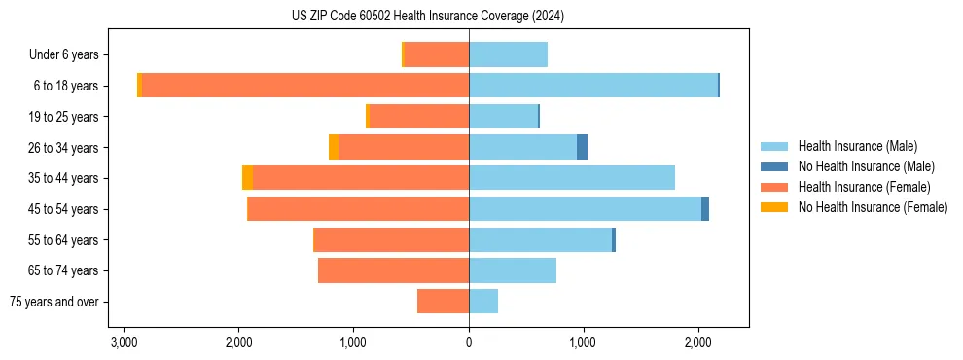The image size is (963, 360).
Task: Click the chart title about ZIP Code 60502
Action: (427, 17)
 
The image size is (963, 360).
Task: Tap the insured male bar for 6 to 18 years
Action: (593, 86)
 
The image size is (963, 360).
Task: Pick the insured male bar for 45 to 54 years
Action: (585, 209)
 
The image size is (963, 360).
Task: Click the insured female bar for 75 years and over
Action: (444, 302)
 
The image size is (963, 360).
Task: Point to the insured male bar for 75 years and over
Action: (483, 302)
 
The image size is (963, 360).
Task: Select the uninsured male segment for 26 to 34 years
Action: (582, 148)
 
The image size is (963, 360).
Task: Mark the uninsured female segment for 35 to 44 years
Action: (248, 178)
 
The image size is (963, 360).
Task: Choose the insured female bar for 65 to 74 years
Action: (393, 270)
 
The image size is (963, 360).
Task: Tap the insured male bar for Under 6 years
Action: (508, 55)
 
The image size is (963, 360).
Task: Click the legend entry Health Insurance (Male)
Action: (857, 146)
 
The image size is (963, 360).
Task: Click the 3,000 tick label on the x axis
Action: (124, 342)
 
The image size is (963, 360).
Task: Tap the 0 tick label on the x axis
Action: (469, 342)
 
